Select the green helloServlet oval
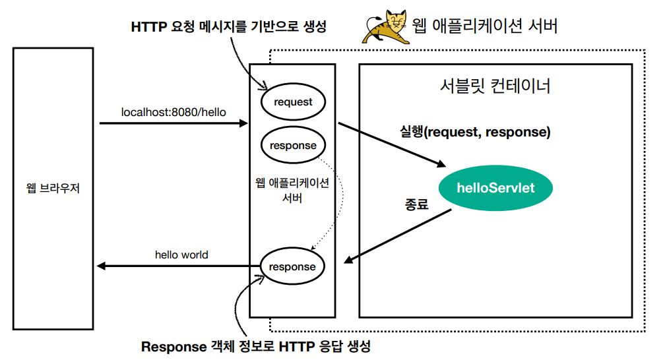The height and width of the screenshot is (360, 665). click(495, 188)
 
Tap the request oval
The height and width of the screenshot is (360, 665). click(293, 102)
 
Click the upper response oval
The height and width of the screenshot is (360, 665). click(293, 145)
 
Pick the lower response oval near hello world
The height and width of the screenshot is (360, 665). click(293, 266)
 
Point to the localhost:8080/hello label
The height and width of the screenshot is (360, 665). click(174, 112)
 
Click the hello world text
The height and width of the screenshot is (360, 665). click(181, 255)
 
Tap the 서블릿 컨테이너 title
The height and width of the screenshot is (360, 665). click(495, 86)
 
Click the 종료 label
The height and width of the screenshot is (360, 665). click(416, 204)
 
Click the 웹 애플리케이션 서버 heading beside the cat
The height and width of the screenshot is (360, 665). click(485, 26)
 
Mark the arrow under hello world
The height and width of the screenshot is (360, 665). click(178, 266)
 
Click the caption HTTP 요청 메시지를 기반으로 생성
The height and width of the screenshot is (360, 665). click(229, 28)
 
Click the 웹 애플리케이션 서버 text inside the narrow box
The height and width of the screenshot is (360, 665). click(293, 190)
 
